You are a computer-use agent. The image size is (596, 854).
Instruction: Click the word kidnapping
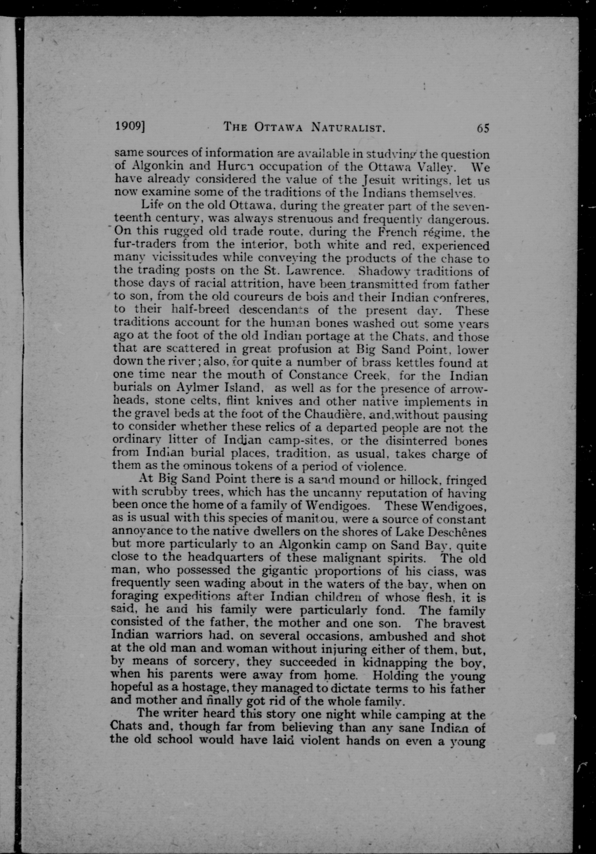click(x=394, y=662)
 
